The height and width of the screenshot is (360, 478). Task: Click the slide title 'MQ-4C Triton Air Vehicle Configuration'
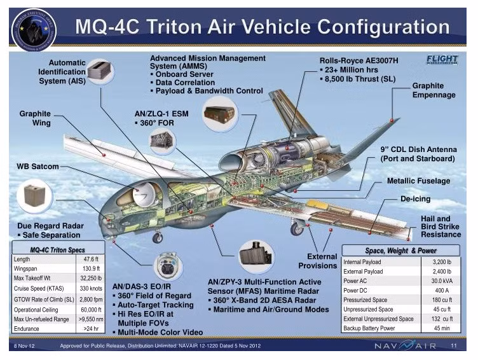click(x=262, y=27)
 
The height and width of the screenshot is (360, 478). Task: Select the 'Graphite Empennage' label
click(x=434, y=90)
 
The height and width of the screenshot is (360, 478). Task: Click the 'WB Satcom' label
click(x=38, y=167)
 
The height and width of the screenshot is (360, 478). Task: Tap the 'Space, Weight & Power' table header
click(x=400, y=251)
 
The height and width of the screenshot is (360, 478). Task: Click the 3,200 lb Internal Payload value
click(x=441, y=261)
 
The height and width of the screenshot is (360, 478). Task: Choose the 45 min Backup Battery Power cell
click(x=441, y=328)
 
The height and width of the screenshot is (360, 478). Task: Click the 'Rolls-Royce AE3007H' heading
click(x=359, y=60)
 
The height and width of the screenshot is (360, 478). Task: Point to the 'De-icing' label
click(x=415, y=199)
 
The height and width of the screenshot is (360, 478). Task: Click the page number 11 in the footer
click(x=454, y=346)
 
